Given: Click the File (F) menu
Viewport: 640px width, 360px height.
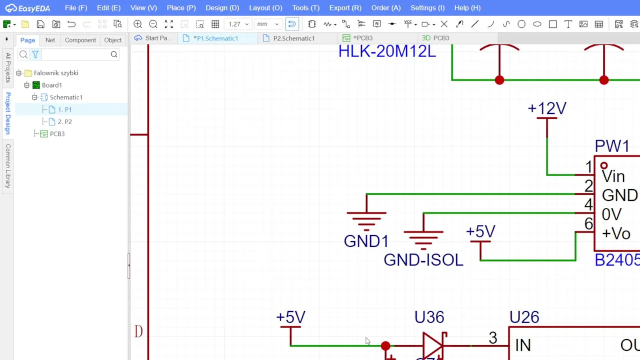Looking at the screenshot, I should [x=75, y=8].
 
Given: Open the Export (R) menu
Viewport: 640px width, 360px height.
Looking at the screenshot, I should [x=345, y=8].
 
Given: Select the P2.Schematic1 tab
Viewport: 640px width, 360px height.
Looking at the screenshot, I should [x=293, y=38].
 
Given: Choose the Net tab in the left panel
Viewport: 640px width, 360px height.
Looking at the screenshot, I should [x=50, y=40].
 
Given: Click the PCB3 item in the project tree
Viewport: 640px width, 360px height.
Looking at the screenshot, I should [x=57, y=134].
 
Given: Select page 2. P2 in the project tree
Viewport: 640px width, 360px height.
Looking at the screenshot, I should [x=64, y=121].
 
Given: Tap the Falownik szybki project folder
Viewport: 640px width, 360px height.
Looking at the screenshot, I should [x=55, y=73].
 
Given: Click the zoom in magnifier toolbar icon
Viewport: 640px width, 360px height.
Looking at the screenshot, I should [x=138, y=24].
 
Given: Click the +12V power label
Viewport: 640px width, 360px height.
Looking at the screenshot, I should [x=547, y=108].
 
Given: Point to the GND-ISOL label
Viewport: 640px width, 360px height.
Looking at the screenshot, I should [x=423, y=260].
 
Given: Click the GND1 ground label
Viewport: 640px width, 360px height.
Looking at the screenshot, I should [x=366, y=241].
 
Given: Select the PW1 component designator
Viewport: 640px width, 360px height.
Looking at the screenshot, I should [x=612, y=146].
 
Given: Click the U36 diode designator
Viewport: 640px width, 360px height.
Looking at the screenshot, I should [x=429, y=317].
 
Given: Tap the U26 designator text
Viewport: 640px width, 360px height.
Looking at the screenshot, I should [x=524, y=317].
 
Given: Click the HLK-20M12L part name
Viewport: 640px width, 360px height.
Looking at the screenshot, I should [x=387, y=51].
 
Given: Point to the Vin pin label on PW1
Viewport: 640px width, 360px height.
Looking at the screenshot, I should [x=613, y=176].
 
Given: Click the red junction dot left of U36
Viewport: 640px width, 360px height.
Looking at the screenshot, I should [x=385, y=345].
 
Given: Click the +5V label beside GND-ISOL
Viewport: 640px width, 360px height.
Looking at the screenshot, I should [x=480, y=232].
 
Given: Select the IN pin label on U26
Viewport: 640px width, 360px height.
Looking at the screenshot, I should [x=522, y=345].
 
